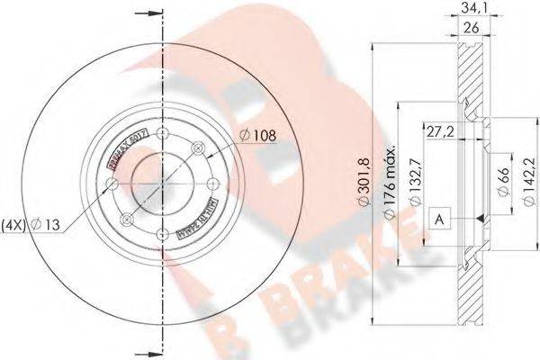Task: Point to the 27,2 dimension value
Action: (441, 131)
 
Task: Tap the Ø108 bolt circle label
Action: (257, 136)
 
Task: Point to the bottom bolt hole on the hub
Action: (162, 236)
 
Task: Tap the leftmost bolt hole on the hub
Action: (111, 184)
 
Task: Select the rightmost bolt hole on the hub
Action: (213, 184)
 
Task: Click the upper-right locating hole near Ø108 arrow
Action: (199, 149)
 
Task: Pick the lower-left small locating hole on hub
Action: (126, 220)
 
